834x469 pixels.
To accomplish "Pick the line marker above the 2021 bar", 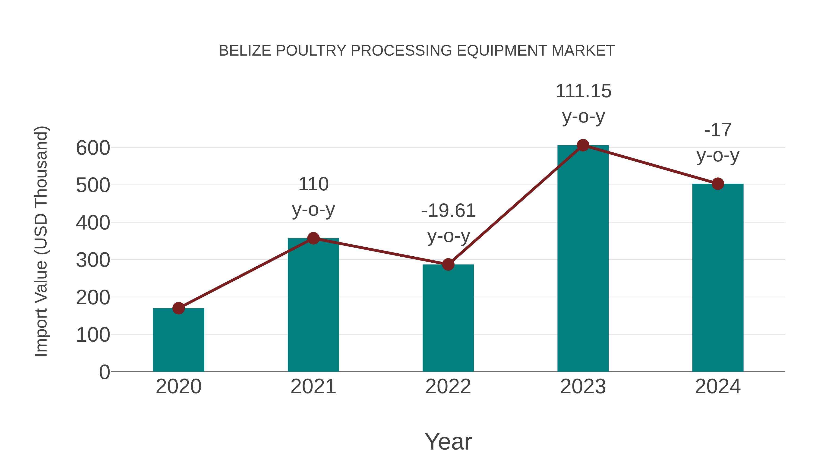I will click(x=313, y=239).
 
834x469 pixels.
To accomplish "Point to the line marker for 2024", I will click(x=718, y=184).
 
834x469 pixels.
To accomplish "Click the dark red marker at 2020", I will click(x=178, y=308).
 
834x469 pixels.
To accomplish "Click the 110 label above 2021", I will click(x=313, y=185).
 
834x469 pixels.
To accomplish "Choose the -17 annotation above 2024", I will click(x=718, y=130).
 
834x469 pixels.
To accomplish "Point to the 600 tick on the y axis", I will click(x=93, y=148).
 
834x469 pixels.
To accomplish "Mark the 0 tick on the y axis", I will click(x=104, y=372).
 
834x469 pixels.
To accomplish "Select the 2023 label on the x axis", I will click(x=583, y=387).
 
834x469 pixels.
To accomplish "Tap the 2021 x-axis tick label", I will click(x=313, y=387).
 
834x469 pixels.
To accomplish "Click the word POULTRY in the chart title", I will click(x=310, y=50).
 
